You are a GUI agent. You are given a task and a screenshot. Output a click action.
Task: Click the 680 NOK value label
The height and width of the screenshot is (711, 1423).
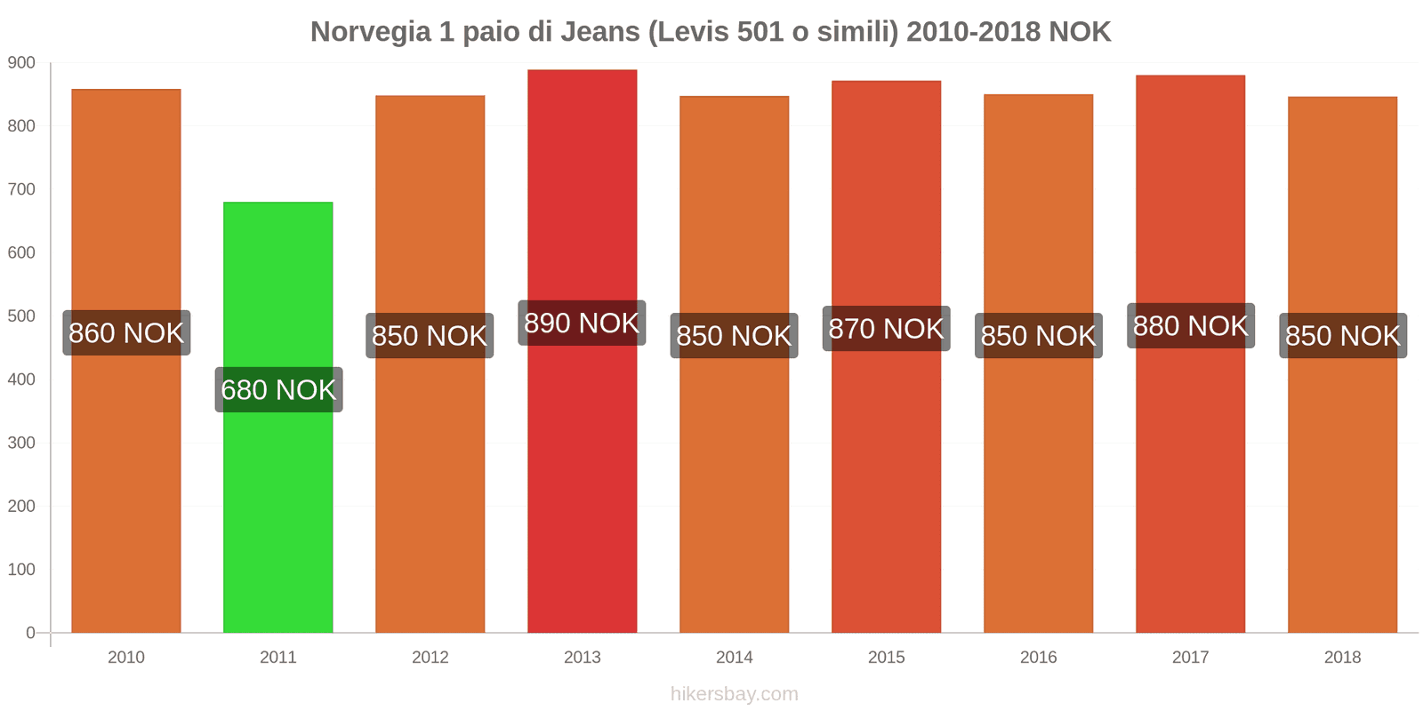278,389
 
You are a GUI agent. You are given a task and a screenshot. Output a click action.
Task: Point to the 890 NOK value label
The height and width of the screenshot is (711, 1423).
582,323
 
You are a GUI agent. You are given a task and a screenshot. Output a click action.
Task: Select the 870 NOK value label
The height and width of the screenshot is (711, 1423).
886,329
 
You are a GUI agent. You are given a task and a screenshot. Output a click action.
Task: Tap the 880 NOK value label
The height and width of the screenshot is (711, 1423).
1190,326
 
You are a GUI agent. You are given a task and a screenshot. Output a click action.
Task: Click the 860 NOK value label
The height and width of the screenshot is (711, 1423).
126,333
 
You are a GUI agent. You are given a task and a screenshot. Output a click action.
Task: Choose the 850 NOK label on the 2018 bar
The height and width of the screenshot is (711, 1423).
1342,336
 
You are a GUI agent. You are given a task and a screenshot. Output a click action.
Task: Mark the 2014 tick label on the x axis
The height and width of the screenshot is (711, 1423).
735,658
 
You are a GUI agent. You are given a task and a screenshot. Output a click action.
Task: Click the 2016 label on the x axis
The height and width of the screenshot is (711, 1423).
1038,658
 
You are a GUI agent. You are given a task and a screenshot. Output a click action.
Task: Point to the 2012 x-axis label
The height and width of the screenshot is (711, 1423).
430,658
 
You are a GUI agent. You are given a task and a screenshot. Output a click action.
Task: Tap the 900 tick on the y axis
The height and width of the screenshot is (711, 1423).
22,63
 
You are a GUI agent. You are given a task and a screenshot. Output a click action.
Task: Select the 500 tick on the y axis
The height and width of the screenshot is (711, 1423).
22,316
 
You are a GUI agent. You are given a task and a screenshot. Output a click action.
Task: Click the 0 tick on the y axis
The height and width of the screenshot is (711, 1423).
30,633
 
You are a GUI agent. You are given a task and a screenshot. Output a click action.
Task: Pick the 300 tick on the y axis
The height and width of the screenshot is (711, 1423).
22,443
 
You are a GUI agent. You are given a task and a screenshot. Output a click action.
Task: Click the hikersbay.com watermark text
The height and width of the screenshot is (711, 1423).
735,694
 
